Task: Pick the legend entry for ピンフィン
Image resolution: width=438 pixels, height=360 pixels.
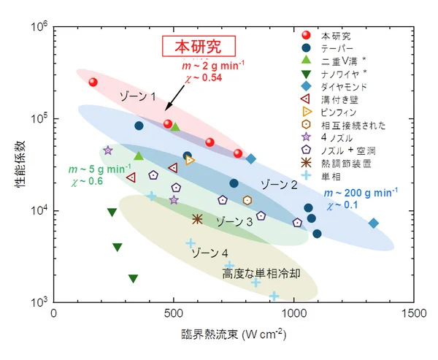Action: click(x=336, y=112)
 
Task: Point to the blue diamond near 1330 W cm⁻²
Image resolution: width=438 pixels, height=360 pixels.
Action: click(x=374, y=223)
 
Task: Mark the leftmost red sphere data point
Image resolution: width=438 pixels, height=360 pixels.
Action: click(x=93, y=83)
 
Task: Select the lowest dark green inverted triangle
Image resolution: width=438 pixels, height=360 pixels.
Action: click(x=133, y=278)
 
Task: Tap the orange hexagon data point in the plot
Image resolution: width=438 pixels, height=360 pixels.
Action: click(x=247, y=200)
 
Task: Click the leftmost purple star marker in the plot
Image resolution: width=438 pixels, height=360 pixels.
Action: click(x=108, y=150)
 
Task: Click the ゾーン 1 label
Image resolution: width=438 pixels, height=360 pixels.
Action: click(x=138, y=96)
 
